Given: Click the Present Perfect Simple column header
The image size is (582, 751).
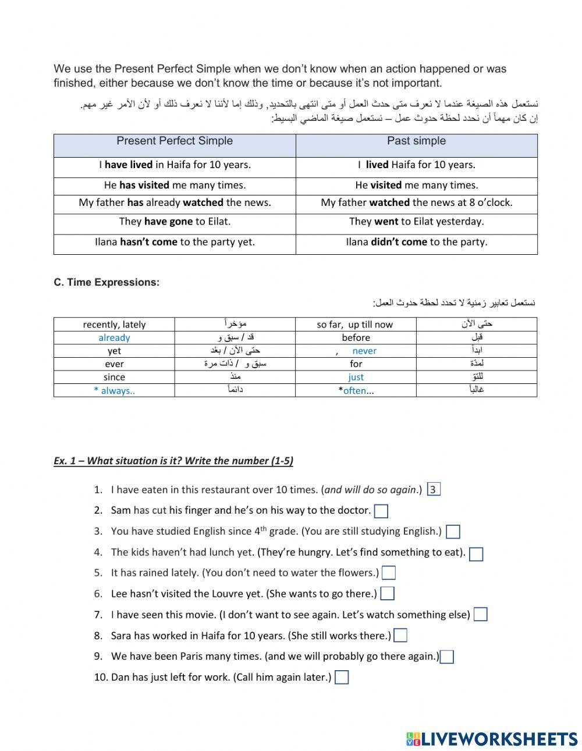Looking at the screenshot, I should coord(175,141).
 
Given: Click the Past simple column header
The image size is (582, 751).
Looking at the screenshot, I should coord(416,141).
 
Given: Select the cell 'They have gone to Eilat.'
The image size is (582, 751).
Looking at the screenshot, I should coord(175,222).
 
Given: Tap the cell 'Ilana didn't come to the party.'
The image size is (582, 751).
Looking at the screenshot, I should coord(416,242).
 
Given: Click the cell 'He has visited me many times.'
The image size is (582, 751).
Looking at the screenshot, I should coord(175,185).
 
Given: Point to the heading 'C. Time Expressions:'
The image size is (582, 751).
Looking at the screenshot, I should coord(107,282).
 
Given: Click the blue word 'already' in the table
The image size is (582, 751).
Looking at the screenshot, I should coord(114,338).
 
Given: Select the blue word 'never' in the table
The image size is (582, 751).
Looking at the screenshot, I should coord(364,351).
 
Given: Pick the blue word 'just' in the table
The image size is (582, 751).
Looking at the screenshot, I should coord(356,377).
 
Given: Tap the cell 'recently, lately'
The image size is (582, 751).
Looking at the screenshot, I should coord(114,325).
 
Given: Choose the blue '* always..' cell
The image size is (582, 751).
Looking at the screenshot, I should coord(114,390).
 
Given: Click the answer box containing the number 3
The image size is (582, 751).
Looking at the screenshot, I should coord(433,489).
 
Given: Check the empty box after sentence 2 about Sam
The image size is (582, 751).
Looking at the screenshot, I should coord(381,511).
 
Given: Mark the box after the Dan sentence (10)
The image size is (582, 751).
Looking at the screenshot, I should coord(342,678).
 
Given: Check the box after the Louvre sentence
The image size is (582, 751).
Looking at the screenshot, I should coord(388,594).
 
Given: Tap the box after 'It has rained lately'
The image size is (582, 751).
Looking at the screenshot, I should coord(389,573).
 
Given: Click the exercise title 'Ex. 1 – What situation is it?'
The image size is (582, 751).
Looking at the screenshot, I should coord(173,461).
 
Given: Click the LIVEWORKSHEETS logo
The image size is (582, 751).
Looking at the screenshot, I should coord(492,739).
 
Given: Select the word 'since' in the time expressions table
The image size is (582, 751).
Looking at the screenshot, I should coord(114,377).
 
